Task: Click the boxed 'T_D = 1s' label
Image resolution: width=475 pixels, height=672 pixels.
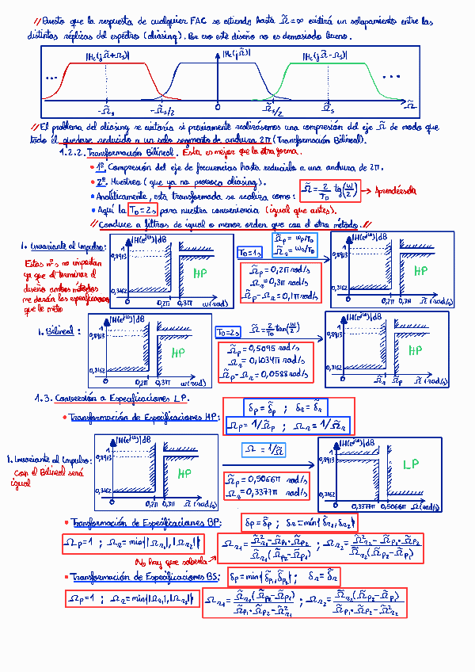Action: coord(252,253)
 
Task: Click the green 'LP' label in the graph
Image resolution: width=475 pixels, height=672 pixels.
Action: coord(409,464)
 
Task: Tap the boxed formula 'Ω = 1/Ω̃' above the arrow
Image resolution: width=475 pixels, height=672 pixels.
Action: coord(263,451)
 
